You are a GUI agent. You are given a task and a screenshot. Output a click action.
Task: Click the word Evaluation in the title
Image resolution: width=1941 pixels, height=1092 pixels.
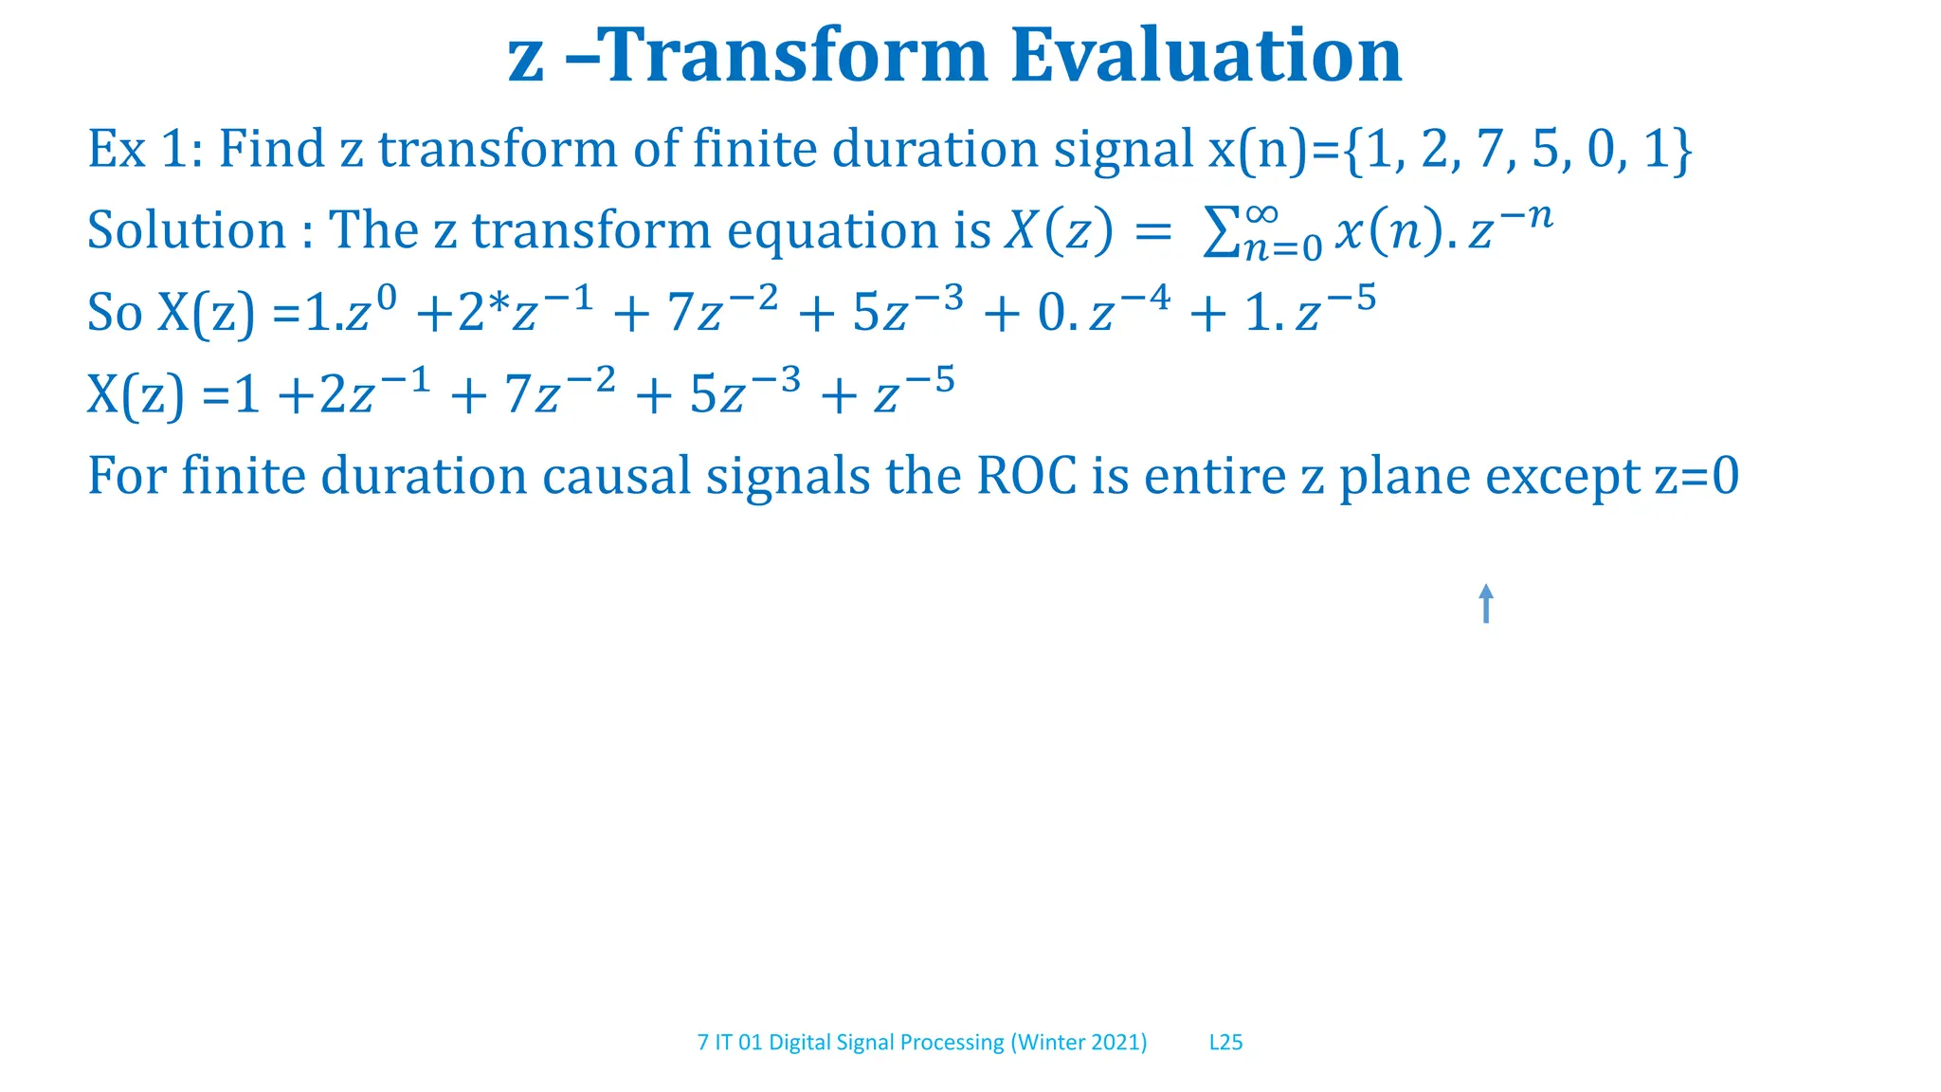[1206, 57]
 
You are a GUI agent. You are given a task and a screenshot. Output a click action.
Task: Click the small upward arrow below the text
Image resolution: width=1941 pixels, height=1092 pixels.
[1485, 604]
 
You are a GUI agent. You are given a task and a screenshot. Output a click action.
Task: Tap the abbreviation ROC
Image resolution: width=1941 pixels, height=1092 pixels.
[1026, 476]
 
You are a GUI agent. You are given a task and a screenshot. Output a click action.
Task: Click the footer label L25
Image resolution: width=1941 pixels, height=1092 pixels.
[1225, 1042]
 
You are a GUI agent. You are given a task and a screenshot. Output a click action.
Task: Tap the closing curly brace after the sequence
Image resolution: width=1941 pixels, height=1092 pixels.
[1682, 150]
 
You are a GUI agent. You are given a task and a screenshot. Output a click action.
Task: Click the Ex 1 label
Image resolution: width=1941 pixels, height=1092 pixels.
[142, 150]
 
